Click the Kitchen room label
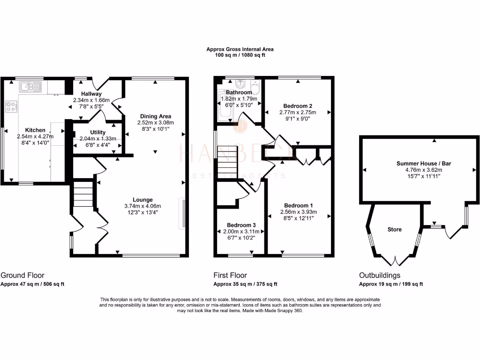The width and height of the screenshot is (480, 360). click(x=35, y=130)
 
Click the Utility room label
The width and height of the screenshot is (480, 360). click(x=97, y=133)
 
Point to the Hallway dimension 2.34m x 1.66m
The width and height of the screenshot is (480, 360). click(x=91, y=100)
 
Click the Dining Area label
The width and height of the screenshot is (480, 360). click(x=154, y=116)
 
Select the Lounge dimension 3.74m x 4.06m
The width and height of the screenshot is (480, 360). click(x=142, y=206)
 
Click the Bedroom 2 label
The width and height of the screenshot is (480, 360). click(x=298, y=106)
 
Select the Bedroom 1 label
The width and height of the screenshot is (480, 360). click(x=298, y=206)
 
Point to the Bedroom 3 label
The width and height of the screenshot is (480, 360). click(x=241, y=225)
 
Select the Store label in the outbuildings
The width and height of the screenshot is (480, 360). click(x=395, y=230)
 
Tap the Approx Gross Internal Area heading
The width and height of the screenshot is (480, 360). click(x=240, y=49)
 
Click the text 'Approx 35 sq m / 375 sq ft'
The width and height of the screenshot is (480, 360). click(x=245, y=284)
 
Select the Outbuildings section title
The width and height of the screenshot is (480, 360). click(x=380, y=276)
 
